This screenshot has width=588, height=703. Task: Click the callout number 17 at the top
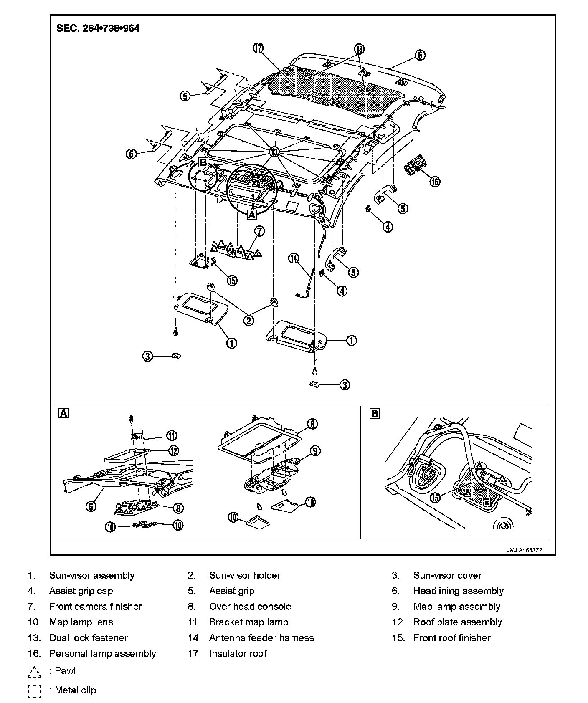coord(258,48)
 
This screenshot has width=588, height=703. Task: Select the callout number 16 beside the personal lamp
coord(435,182)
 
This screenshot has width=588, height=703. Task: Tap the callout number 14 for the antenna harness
coord(294,258)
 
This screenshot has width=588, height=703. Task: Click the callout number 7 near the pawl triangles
coord(259,231)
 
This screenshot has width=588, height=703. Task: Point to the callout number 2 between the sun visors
coord(248,320)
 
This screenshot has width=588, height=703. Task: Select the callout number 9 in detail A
coord(315,451)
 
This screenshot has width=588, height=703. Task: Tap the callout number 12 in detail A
coord(174,450)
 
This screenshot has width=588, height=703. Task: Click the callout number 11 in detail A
coord(172,436)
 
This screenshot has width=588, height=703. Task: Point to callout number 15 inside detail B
coord(436,498)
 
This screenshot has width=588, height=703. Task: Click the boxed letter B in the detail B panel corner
coord(375,413)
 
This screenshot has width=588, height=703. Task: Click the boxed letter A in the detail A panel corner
coord(64,413)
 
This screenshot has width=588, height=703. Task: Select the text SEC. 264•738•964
coord(98,28)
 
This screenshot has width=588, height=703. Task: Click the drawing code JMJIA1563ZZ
coord(524,550)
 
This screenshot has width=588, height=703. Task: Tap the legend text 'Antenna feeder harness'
coord(261,638)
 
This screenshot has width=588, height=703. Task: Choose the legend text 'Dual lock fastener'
coord(89,638)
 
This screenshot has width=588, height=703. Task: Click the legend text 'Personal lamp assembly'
coord(102,654)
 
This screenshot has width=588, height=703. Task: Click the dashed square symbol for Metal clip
coord(35,691)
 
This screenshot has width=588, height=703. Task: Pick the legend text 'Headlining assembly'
coord(459,591)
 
